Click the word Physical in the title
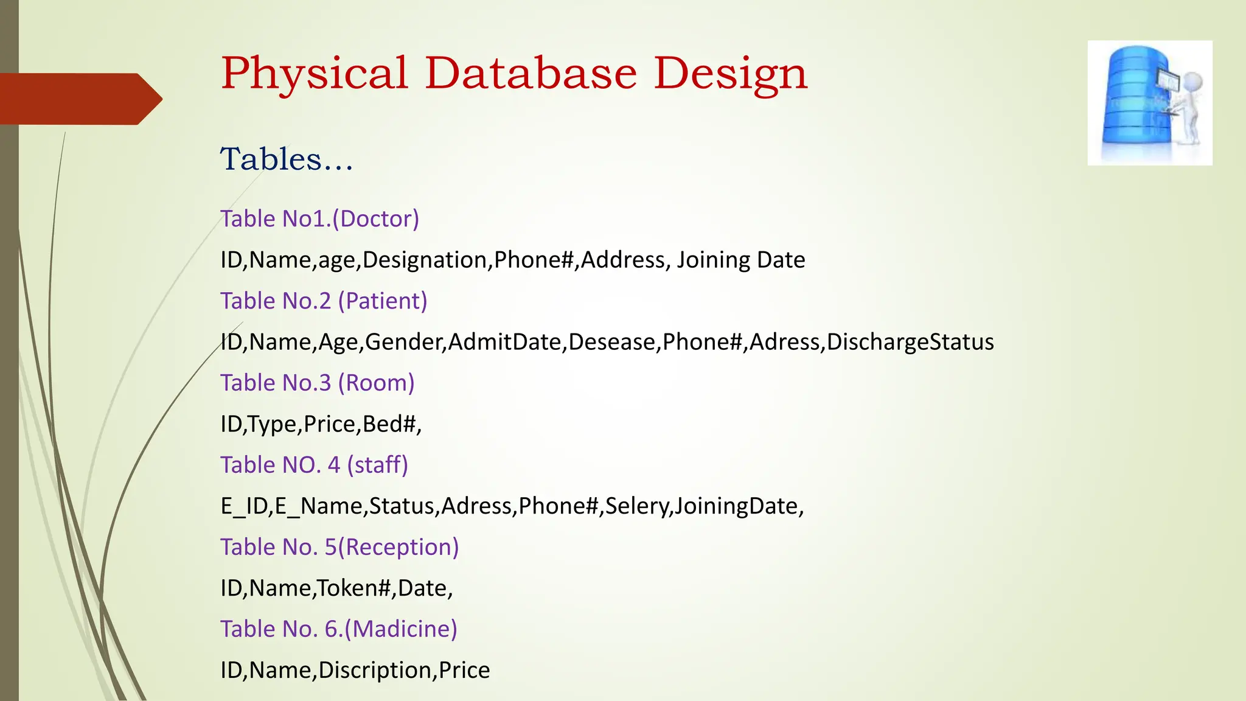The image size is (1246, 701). [x=314, y=74]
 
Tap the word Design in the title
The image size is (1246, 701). [x=730, y=74]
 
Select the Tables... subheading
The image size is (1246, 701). [x=286, y=159]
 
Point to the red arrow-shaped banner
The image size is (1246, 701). [x=79, y=99]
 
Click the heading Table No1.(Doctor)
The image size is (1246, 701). [x=319, y=219]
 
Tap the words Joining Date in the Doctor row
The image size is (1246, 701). [x=741, y=260]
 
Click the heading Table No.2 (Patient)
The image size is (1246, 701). [x=324, y=301]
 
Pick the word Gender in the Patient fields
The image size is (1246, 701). [x=404, y=343]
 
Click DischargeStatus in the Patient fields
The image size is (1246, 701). [x=910, y=342]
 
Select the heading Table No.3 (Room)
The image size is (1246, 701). [x=317, y=383]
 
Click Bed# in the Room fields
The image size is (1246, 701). [x=389, y=424]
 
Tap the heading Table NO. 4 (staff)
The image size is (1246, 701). [x=314, y=466]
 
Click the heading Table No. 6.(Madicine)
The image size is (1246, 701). [x=338, y=629]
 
